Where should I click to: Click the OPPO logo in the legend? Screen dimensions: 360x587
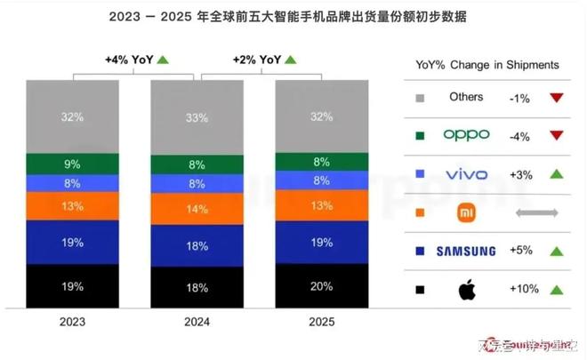(x=466, y=136)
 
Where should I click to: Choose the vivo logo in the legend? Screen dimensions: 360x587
(x=466, y=174)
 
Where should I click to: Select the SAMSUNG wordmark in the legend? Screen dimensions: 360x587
(x=466, y=251)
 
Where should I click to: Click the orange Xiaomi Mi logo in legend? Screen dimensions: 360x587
(x=466, y=212)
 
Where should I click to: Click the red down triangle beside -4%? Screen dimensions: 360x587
(x=557, y=136)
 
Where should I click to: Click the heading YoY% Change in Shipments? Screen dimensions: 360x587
(x=486, y=65)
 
